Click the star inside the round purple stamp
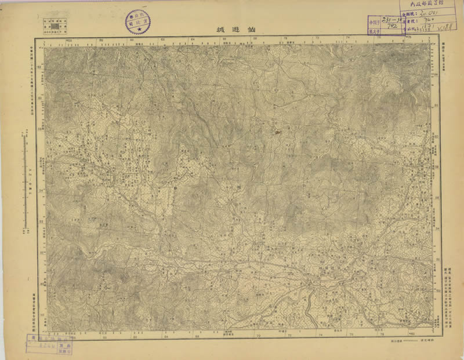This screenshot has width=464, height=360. coord(137,27)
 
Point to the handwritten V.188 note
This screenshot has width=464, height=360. coord(447,27)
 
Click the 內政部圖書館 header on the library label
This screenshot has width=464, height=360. coord(429,8)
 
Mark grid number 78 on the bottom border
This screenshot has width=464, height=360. coord(382,335)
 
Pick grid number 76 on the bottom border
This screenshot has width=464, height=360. coord(350,335)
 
